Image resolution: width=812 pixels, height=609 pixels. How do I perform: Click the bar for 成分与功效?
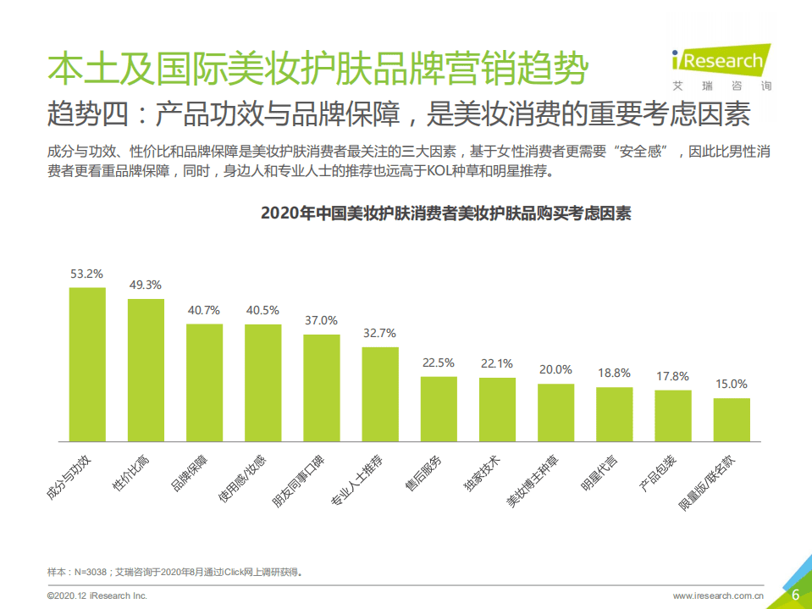click(x=87, y=364)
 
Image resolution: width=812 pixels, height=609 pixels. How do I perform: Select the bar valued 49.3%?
click(x=146, y=370)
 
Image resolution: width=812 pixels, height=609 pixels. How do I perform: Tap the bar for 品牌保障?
click(x=204, y=383)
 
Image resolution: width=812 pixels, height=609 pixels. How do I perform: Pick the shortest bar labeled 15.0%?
click(x=731, y=420)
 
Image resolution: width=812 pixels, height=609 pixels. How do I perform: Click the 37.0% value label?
click(x=321, y=321)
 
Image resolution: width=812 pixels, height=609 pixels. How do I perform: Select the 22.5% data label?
click(x=438, y=363)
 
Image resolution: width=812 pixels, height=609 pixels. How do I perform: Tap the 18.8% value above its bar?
click(x=614, y=374)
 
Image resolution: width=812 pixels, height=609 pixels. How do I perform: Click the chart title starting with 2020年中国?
click(x=445, y=213)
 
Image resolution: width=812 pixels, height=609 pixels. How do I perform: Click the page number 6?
click(x=795, y=595)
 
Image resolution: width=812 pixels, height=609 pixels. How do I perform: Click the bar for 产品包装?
click(x=672, y=416)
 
